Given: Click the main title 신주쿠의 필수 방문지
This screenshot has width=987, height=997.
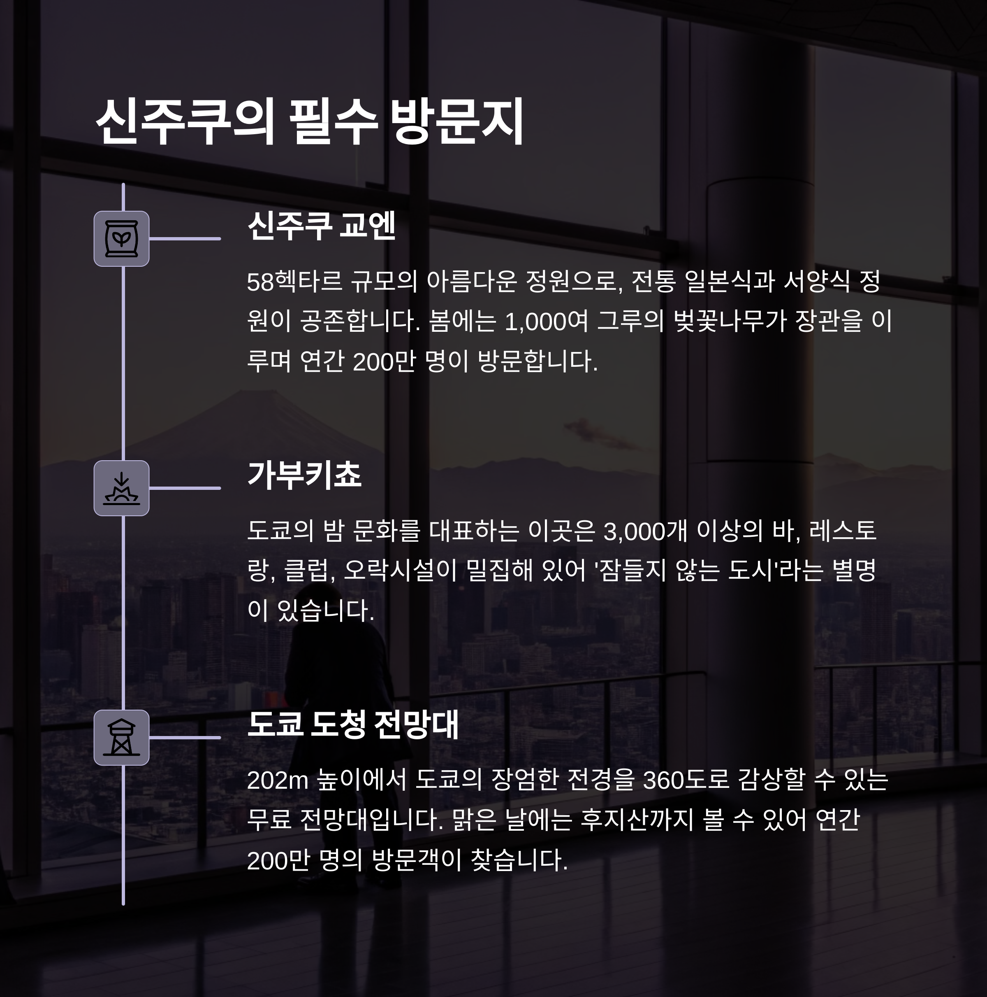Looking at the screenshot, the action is [309, 122].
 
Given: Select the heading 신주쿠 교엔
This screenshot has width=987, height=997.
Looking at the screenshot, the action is [321, 226].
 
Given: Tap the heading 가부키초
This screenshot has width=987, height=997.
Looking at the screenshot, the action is [304, 475].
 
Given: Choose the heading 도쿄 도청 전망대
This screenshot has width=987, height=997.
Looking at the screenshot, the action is [353, 724].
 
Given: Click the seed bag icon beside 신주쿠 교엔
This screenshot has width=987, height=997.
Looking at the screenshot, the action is [122, 239].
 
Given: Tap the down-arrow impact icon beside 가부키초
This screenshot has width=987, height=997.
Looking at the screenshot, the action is [122, 488].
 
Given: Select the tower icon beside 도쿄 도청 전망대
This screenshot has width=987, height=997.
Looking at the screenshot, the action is [122, 737].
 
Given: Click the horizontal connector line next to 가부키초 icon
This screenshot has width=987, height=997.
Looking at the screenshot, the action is [185, 488].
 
